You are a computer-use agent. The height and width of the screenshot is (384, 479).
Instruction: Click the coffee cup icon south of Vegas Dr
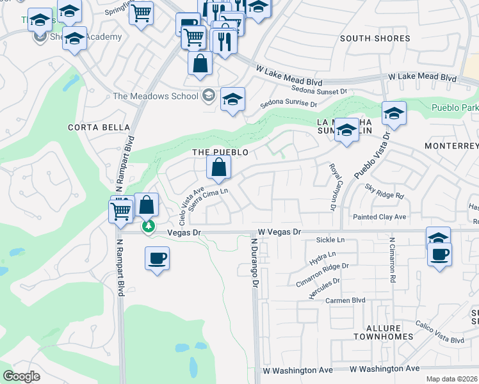point(158,259)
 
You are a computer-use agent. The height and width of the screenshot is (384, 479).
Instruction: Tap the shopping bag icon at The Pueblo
point(219,168)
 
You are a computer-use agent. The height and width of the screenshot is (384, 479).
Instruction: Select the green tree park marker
point(148,227)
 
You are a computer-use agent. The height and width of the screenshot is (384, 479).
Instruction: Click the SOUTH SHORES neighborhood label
point(375,38)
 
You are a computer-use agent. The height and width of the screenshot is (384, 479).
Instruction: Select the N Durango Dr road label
point(254,262)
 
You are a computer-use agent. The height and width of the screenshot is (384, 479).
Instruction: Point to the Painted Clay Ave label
point(380,218)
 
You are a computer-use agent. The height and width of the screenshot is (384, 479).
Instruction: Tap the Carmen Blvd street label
point(345,300)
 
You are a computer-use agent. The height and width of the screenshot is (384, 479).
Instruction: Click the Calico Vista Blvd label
point(439,332)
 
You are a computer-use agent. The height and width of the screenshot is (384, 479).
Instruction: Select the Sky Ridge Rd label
point(384,191)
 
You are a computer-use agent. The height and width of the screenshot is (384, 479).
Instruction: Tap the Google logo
point(21,376)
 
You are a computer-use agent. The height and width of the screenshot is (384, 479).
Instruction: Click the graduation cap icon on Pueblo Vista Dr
point(394,113)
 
